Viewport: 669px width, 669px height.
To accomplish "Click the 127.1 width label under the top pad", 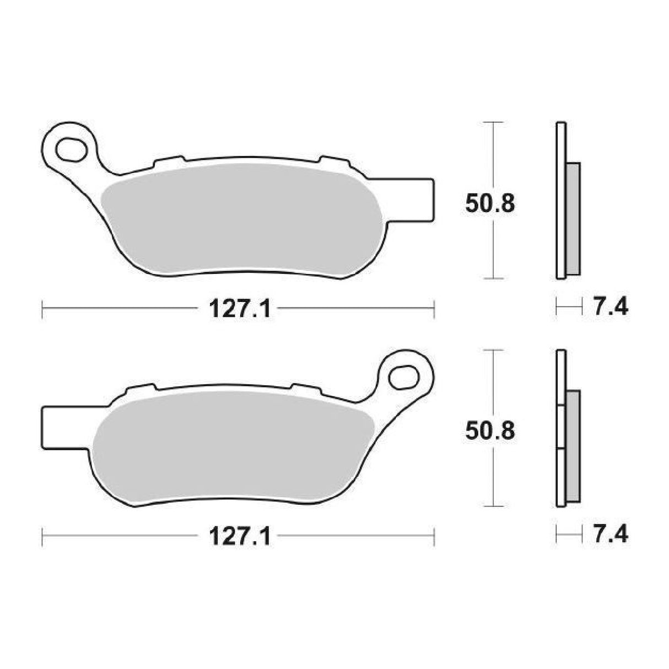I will pyautogui.click(x=240, y=309).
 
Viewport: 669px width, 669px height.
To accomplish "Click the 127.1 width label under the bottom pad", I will pyautogui.click(x=240, y=536).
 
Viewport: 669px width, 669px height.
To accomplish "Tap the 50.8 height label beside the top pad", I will pyautogui.click(x=489, y=203).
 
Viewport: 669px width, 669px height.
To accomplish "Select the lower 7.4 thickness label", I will pyautogui.click(x=610, y=534).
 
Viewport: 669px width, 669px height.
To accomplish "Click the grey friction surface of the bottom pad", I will pyautogui.click(x=231, y=446).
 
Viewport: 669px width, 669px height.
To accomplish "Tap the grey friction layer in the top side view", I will pyautogui.click(x=573, y=219).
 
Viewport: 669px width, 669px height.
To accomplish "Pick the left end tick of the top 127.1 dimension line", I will pyautogui.click(x=42, y=309).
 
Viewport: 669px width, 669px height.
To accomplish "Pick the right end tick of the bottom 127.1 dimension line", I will pyautogui.click(x=435, y=536).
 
